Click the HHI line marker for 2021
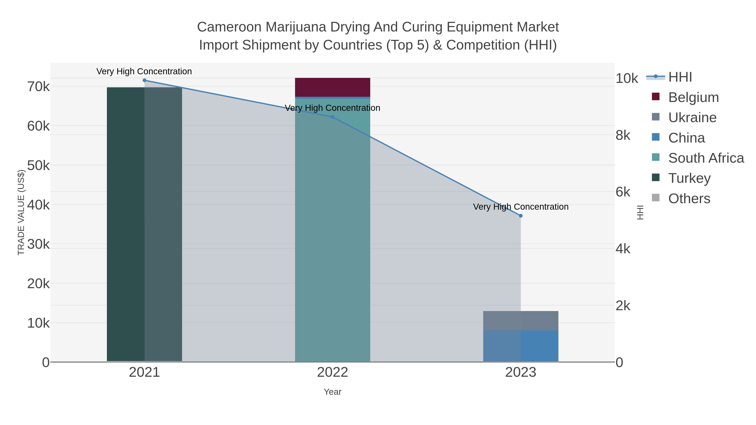pos(144,80)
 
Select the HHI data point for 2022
pos(332,117)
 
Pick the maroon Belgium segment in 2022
pos(332,87)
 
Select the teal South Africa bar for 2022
pos(332,235)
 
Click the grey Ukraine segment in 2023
pos(521,320)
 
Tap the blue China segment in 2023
pos(521,346)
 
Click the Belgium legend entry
pos(693,97)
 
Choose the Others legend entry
pos(689,199)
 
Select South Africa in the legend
pos(706,158)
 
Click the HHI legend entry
pos(680,77)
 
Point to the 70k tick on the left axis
pos(38,87)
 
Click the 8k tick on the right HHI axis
pos(623,136)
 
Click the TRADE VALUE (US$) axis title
pos(21,212)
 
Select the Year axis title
pos(332,392)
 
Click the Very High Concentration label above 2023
pos(521,207)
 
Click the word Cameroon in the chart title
pos(229,27)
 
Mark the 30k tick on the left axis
pos(38,244)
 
